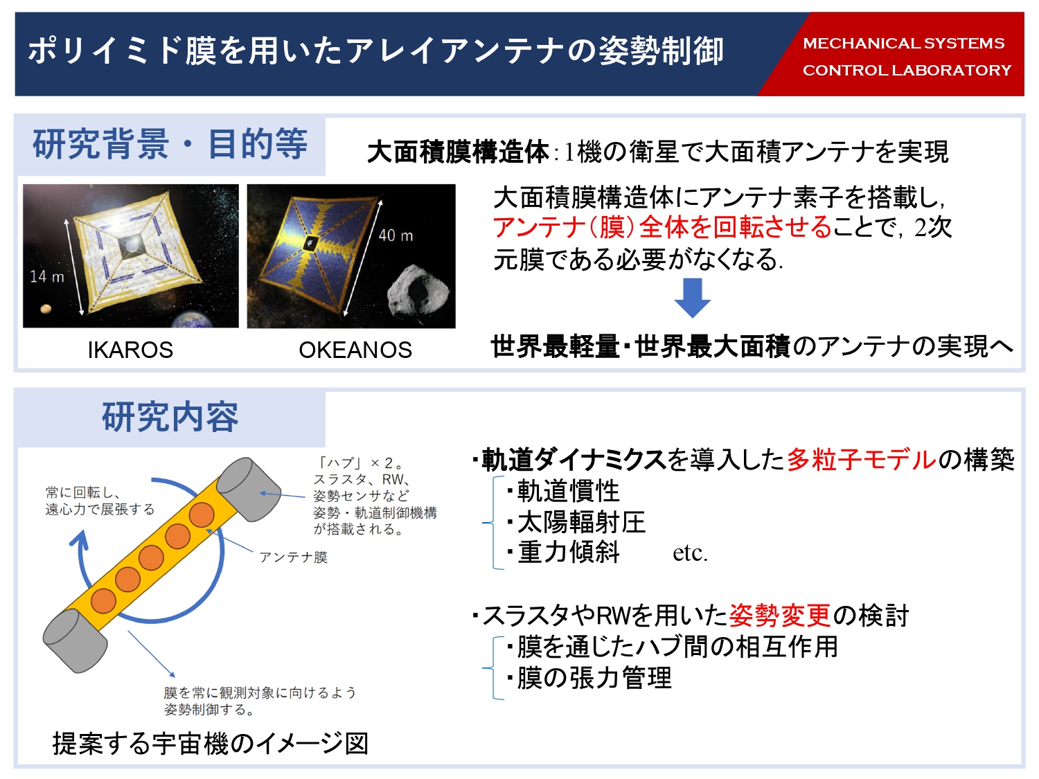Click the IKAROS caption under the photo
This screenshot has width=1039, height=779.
(x=130, y=350)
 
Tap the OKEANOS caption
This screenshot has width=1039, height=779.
(x=355, y=350)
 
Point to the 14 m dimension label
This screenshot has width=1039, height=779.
(x=47, y=276)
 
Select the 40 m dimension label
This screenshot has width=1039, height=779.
(x=396, y=235)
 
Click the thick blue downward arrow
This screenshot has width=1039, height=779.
(x=693, y=298)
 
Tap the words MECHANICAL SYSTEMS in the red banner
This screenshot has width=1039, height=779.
(x=904, y=44)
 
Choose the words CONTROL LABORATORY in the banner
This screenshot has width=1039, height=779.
(x=907, y=71)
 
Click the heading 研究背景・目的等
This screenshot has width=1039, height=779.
(x=170, y=144)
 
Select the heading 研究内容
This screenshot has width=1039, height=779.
(x=170, y=417)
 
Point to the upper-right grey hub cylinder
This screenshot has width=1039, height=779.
(x=249, y=489)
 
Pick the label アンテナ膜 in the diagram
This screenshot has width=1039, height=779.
(x=294, y=557)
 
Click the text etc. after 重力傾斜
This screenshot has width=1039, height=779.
(x=690, y=553)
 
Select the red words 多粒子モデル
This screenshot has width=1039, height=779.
(x=861, y=459)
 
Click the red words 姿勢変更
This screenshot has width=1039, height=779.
(x=780, y=616)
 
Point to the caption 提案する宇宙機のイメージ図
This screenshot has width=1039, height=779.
(x=210, y=743)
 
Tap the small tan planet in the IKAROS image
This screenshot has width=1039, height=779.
(x=46, y=309)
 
